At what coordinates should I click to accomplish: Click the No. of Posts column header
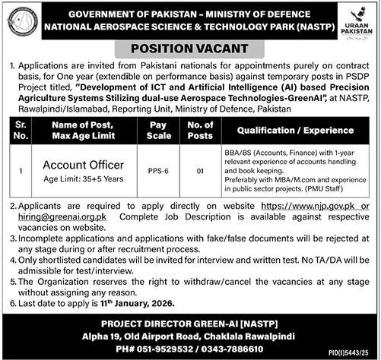tap(201, 131)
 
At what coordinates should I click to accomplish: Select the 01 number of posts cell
tap(201, 172)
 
